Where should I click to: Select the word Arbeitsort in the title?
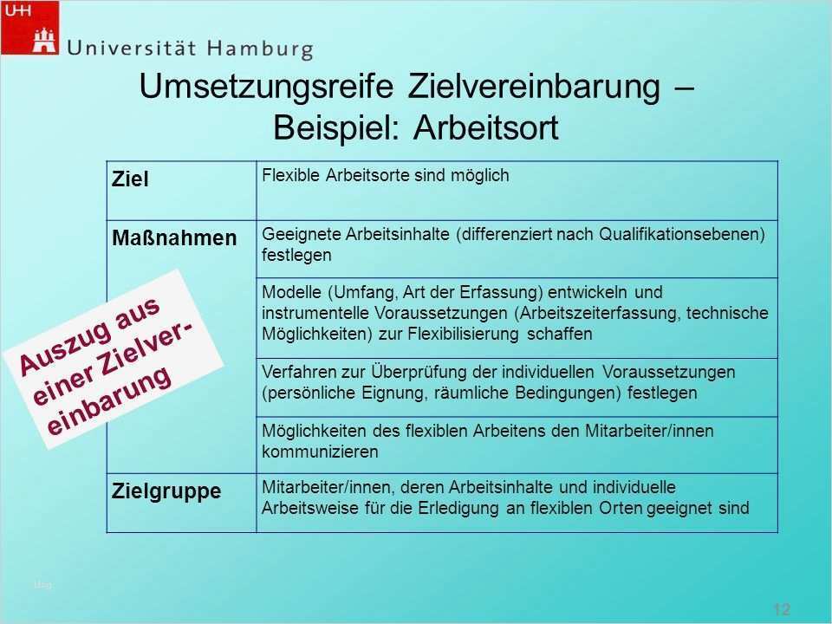(x=486, y=127)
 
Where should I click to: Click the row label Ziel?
(x=130, y=179)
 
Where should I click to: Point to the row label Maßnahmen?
(x=174, y=237)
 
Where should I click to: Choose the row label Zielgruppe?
(x=166, y=491)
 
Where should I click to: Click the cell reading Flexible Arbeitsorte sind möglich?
(x=385, y=175)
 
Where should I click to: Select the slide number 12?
(x=781, y=609)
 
